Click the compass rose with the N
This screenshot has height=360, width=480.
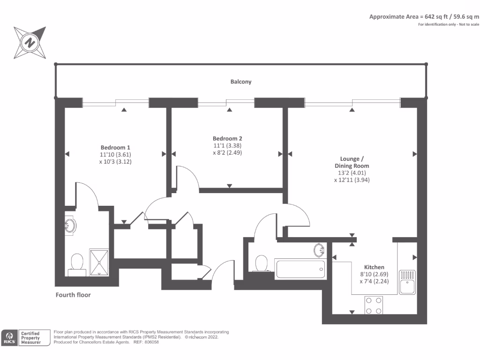(30, 44)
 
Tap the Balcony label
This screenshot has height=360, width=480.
(240, 82)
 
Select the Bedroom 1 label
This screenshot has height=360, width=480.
(115, 147)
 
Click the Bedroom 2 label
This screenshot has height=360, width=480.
(227, 138)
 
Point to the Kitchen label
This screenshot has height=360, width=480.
(374, 267)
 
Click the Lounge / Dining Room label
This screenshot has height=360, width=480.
(352, 162)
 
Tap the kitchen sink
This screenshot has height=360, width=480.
(406, 282)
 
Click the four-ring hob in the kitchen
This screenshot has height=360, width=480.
(373, 305)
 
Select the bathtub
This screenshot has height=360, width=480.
(300, 269)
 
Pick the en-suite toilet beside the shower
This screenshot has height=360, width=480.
(76, 264)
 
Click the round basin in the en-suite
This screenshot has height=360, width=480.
(70, 225)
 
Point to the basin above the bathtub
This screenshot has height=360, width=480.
(319, 250)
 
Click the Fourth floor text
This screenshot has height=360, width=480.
(73, 295)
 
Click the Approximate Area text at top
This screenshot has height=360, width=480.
(424, 16)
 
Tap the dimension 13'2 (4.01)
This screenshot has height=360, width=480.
(352, 172)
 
